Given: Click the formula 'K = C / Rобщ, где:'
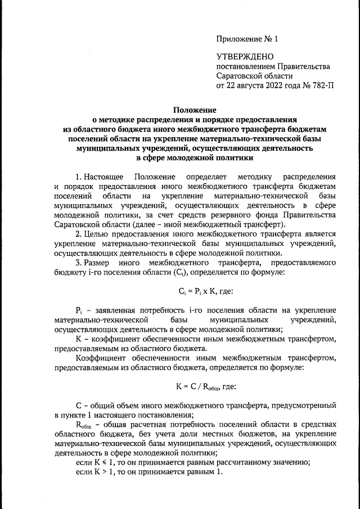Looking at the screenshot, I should point(205,386).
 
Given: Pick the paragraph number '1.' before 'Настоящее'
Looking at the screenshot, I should point(79,178).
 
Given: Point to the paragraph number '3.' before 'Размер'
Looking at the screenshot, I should point(79,262).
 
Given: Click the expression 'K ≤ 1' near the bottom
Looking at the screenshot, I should point(106,462).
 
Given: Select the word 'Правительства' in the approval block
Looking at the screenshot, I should point(300,67).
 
